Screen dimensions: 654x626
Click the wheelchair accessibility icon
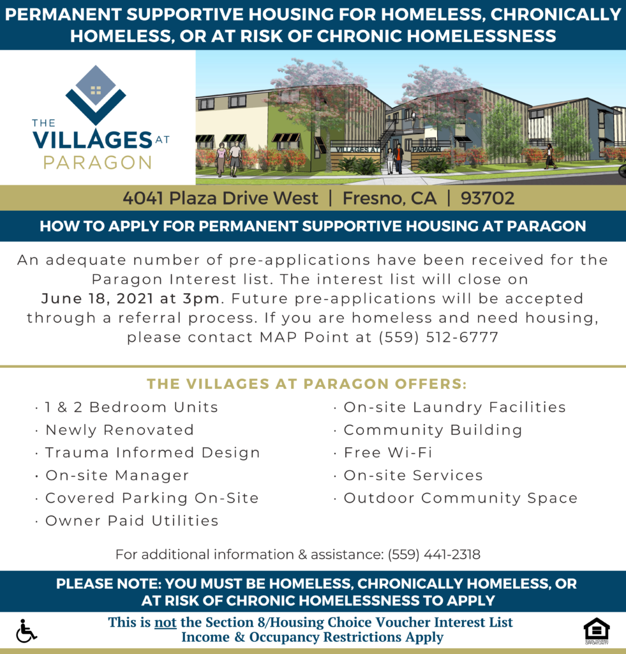coord(26,630)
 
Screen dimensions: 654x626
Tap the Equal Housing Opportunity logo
coord(596,630)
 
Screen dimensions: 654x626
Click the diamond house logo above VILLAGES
coord(96,94)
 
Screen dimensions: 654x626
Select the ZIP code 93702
coord(487,198)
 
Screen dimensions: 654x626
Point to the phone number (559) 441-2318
coord(434,554)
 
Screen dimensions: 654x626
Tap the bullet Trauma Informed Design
coord(153,453)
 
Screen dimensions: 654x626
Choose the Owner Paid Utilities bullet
coord(131,521)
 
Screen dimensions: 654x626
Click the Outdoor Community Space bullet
coord(460,498)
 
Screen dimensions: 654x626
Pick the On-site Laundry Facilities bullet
coord(454,407)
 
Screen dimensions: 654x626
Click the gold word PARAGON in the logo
coord(97,162)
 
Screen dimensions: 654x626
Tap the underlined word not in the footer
coord(165,622)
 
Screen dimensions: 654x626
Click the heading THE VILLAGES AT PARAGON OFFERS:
coord(307,384)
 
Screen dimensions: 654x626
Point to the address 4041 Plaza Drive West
coord(220,198)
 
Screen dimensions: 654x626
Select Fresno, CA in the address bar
coord(389,198)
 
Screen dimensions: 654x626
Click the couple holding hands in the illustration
coord(228,158)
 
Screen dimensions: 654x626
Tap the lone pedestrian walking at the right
coord(549,156)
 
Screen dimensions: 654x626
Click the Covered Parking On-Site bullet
coord(152,498)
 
